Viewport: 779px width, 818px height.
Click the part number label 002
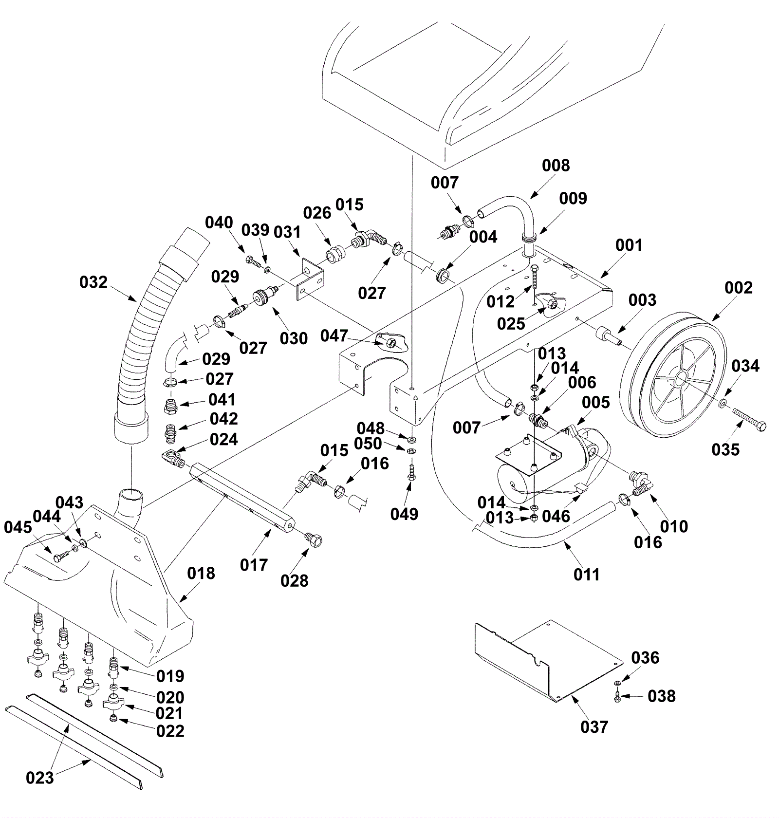tap(739, 287)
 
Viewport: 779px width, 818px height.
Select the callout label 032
tap(93, 282)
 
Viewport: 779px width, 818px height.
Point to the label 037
tap(594, 727)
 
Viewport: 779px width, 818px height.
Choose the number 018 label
tap(201, 573)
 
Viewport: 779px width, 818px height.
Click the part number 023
tap(40, 778)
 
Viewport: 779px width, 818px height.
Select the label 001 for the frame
tap(629, 245)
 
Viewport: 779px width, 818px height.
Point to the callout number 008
tap(556, 166)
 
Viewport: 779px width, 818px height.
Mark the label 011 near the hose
tap(587, 575)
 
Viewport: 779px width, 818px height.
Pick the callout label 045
tap(18, 527)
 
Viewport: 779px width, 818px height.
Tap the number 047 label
tap(334, 336)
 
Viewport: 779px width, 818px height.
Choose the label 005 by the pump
tap(596, 402)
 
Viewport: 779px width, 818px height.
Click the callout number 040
tap(219, 223)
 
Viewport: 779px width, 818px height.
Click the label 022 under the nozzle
tap(170, 731)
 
